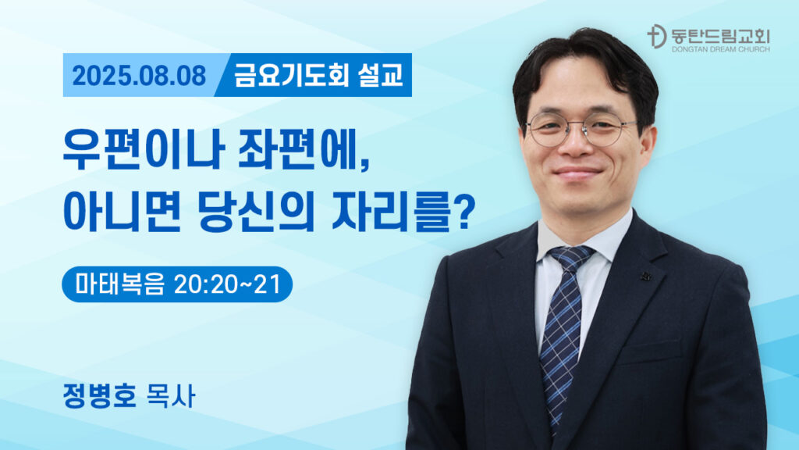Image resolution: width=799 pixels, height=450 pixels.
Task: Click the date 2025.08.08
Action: click(139, 76)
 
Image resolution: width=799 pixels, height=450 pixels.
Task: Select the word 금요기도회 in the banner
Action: click(292, 74)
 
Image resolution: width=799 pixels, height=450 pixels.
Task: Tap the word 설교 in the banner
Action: click(381, 74)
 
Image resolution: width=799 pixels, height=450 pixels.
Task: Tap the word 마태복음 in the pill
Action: click(119, 284)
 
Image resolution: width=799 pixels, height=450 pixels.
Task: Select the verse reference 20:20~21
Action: click(227, 284)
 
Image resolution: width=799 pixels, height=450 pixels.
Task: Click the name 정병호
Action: click(100, 395)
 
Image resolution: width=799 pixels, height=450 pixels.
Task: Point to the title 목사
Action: click(171, 395)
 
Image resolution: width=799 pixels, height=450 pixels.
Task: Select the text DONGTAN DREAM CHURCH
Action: click(720, 49)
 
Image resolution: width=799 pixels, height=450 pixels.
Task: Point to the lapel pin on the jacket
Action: click(646, 276)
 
